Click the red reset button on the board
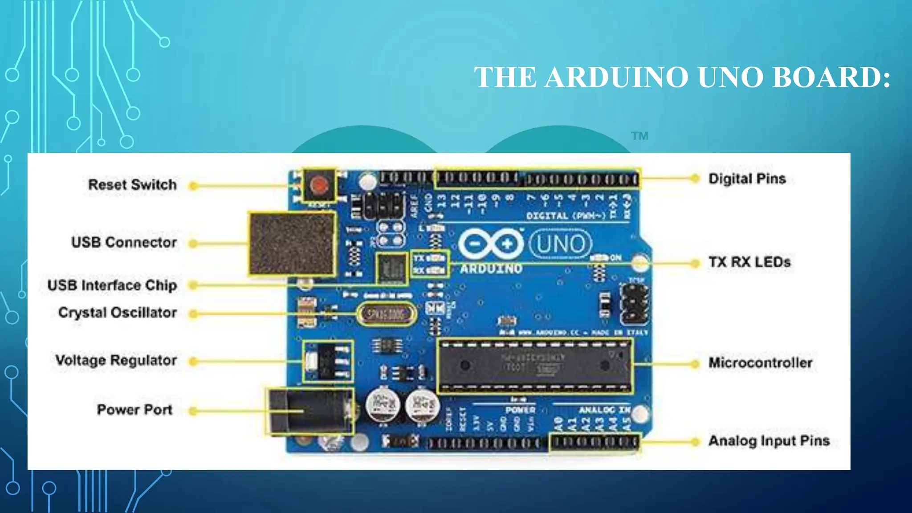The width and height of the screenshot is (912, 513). pos(319,184)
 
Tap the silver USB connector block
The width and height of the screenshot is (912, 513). pos(292,243)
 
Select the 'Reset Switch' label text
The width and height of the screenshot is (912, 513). pos(132,184)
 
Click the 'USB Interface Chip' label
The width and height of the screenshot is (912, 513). pos(112,285)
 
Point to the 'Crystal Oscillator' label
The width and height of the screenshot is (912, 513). pos(118,313)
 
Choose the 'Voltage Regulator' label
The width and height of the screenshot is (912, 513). pos(116,360)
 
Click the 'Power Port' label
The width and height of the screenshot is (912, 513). pos(134,409)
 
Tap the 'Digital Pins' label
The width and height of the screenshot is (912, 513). pos(747,179)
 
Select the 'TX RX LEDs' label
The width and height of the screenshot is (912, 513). pos(749,262)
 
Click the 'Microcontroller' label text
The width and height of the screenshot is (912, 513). pos(760,363)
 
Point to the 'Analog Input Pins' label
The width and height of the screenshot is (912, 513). pos(769,441)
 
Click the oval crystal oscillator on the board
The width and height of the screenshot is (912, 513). pos(386,314)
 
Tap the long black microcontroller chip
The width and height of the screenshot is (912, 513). pos(534,366)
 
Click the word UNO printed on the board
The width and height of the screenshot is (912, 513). pos(561,244)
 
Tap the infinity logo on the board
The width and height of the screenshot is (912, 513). pos(491,244)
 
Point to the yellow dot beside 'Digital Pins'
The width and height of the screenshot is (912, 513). pos(694,179)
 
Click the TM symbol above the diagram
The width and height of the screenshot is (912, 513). pos(639,136)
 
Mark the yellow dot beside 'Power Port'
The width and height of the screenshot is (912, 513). pos(193,411)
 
